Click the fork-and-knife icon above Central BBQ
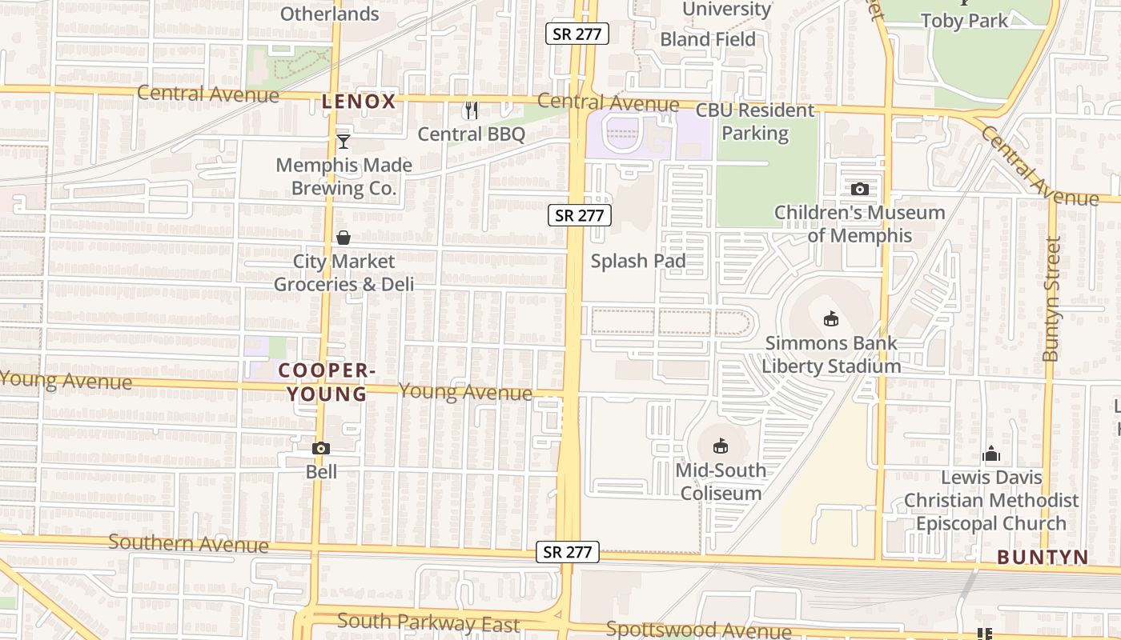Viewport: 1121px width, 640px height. click(x=472, y=110)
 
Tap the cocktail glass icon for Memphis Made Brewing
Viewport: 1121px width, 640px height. click(x=344, y=142)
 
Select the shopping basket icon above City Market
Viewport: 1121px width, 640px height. click(x=344, y=238)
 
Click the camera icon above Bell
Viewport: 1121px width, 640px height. click(x=321, y=448)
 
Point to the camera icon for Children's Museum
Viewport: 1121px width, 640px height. click(x=860, y=190)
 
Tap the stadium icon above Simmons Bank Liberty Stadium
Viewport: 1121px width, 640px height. click(x=831, y=319)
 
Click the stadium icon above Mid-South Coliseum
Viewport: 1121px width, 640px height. click(x=721, y=446)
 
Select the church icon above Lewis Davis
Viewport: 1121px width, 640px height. click(x=991, y=454)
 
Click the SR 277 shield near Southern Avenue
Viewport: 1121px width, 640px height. click(x=567, y=551)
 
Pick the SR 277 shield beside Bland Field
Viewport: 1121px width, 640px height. click(x=577, y=34)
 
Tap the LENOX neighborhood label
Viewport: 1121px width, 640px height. click(x=359, y=102)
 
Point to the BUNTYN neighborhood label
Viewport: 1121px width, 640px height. click(x=1043, y=558)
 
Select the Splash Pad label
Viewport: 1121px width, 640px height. click(x=638, y=261)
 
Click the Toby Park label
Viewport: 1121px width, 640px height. click(x=964, y=21)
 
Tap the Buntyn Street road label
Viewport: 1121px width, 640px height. click(x=1052, y=298)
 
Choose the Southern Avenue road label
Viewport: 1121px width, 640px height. click(x=188, y=543)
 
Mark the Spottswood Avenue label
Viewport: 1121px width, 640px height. click(x=698, y=630)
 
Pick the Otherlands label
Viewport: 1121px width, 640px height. click(x=329, y=14)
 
